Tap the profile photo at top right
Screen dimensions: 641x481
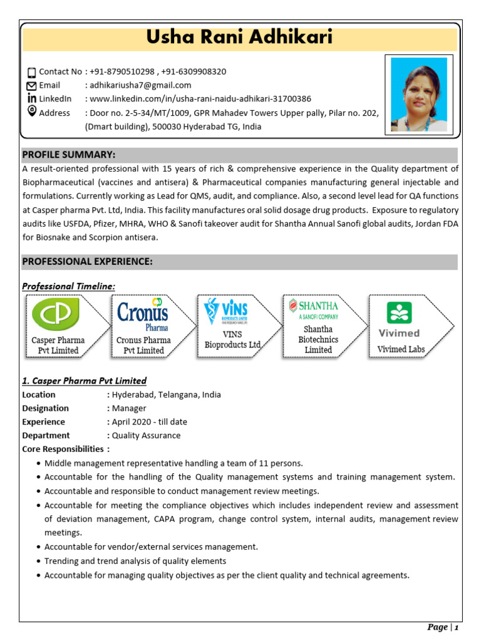418,95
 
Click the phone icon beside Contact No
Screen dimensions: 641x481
32,73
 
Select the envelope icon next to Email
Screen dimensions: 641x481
32,86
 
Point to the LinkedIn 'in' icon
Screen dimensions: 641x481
32,98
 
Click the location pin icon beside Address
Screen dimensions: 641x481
32,111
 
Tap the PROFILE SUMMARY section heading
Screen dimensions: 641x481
69,155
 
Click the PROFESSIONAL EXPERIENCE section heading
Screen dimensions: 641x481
87,262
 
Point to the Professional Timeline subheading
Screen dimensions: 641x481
69,286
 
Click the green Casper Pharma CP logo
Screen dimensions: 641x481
56,315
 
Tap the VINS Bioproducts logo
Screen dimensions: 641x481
227,311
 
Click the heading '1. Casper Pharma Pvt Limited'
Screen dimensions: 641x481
84,381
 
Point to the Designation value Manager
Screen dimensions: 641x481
128,408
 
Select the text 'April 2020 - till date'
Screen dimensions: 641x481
149,422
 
